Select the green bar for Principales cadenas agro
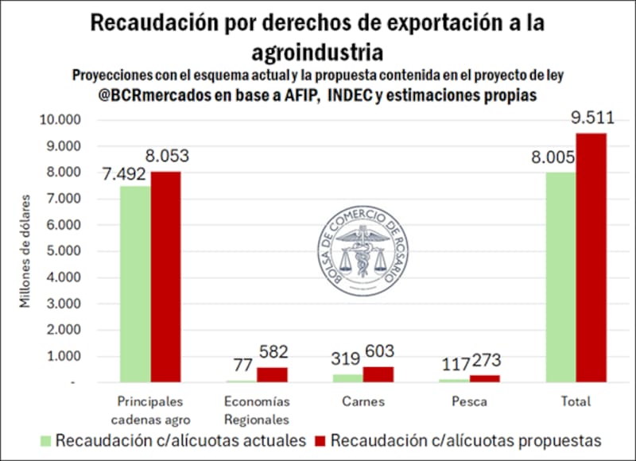point(134,284)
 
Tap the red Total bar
point(591,258)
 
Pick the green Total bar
point(560,277)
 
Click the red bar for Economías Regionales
point(271,374)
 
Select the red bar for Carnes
point(378,374)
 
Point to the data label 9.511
point(591,120)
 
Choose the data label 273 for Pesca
point(487,361)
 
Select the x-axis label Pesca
point(469,401)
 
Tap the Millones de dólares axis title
point(26,250)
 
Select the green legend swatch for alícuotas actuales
point(45,440)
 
